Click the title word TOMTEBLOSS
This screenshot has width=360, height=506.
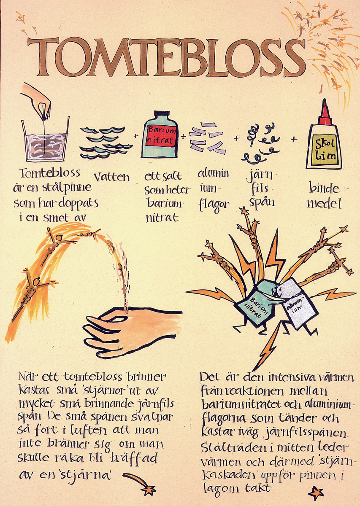pos(167,58)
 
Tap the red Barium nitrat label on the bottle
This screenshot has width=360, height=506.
pos(161,135)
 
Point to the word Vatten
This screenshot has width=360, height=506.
pos(112,178)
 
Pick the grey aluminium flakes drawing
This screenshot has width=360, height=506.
pos(206,137)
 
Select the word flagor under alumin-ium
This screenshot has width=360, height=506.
pos(214,205)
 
